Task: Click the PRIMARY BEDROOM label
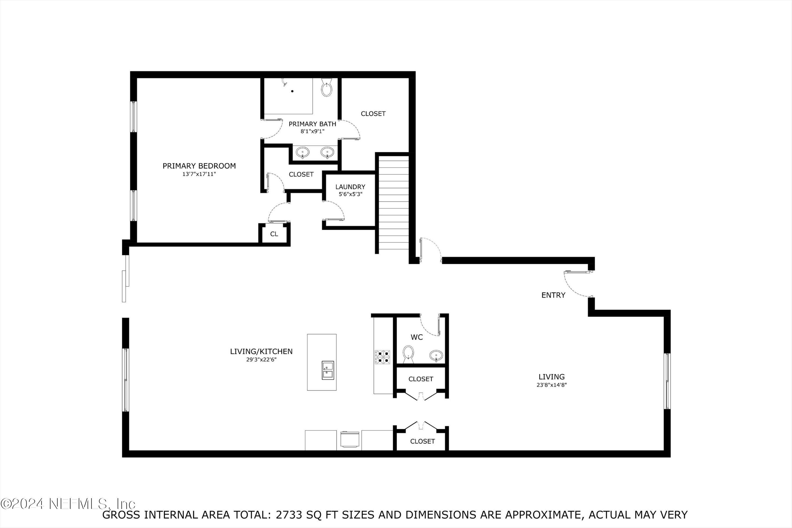(199, 166)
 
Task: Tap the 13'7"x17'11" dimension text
(199, 174)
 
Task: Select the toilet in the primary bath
(327, 88)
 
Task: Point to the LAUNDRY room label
(350, 187)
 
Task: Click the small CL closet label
(274, 234)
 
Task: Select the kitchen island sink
(328, 370)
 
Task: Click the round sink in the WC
(436, 355)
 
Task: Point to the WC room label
(417, 337)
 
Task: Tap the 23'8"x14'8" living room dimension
(551, 385)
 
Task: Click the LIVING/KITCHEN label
(261, 351)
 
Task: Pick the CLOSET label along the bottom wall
(422, 441)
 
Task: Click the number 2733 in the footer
(289, 515)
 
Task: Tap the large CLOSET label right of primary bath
(373, 114)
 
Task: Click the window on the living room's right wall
(667, 381)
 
